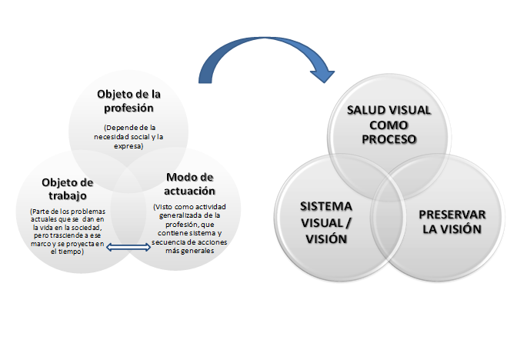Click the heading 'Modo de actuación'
click(190, 184)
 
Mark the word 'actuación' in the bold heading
click(190, 191)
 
